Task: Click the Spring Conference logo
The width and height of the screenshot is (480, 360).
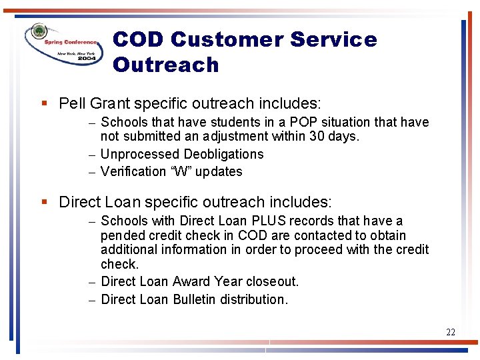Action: coord(63,43)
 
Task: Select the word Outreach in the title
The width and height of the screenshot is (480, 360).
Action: coord(166,65)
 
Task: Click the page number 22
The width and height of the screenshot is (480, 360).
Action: coord(451,332)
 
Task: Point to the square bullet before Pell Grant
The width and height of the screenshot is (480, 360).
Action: coord(44,104)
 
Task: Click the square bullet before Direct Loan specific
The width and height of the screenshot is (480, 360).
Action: coord(44,202)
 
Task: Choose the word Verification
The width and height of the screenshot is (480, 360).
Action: coord(131,171)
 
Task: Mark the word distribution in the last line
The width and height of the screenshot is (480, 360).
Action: coord(256,299)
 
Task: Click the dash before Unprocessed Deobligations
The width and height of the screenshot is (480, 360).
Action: coord(91,155)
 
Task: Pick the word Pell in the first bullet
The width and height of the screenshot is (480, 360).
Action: coord(72,103)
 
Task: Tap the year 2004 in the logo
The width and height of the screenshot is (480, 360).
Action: coord(87,58)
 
